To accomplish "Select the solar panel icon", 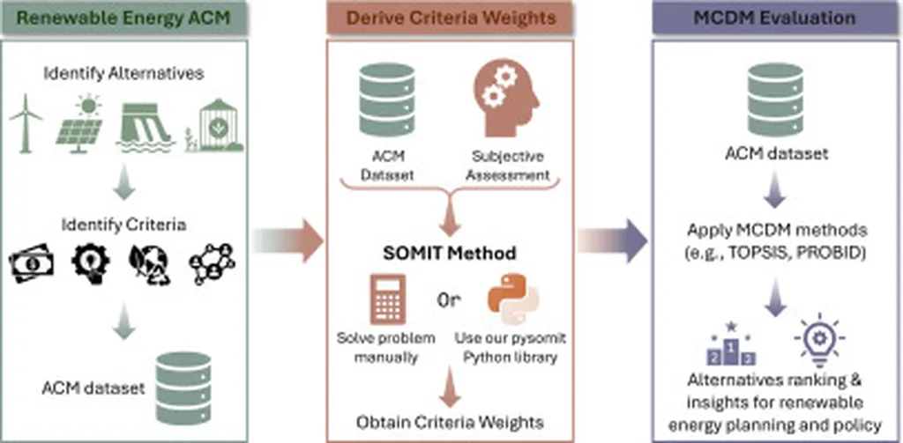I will pyautogui.click(x=79, y=123).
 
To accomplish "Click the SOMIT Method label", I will pyautogui.click(x=450, y=254).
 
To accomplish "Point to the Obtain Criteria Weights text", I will pyautogui.click(x=449, y=422).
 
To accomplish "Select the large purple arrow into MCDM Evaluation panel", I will pyautogui.click(x=613, y=238).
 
